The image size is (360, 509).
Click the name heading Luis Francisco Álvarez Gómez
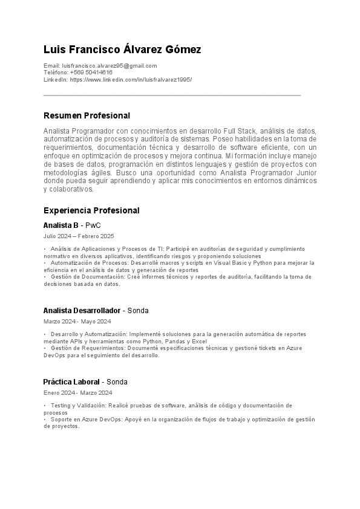pos(122,50)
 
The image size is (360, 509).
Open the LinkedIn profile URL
pos(131,79)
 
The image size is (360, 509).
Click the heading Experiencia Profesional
pos(91,210)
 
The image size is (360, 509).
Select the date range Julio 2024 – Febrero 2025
pos(79,236)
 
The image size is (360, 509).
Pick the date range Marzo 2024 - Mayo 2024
pos(77,322)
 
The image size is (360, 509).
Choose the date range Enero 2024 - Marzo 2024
pos(77,393)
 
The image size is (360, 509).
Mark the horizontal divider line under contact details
pos(172,95)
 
